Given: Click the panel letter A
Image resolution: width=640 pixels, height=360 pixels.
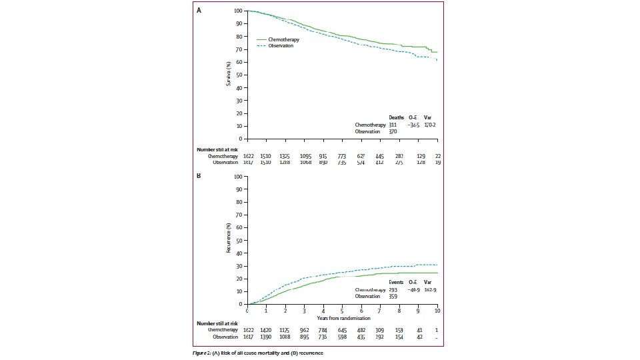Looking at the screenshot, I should click(198, 11).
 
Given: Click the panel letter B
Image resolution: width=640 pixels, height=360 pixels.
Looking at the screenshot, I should click(198, 177).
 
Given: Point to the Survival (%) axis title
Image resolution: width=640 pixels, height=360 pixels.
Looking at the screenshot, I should click(229, 75).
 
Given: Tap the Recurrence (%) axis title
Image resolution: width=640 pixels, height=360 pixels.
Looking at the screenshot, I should click(229, 241).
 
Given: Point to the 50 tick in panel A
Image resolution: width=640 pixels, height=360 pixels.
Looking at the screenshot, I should click(239, 75).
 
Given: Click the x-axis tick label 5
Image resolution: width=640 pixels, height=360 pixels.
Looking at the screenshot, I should click(343, 311).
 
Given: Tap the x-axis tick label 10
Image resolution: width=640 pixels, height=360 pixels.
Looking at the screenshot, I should click(437, 311).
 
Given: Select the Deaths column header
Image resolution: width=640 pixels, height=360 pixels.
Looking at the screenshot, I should click(396, 118).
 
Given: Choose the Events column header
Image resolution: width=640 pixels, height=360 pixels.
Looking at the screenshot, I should click(397, 283).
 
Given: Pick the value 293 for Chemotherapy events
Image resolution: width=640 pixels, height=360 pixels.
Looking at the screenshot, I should click(393, 291).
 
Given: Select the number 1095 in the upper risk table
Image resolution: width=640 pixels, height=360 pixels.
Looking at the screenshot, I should click(305, 156).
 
